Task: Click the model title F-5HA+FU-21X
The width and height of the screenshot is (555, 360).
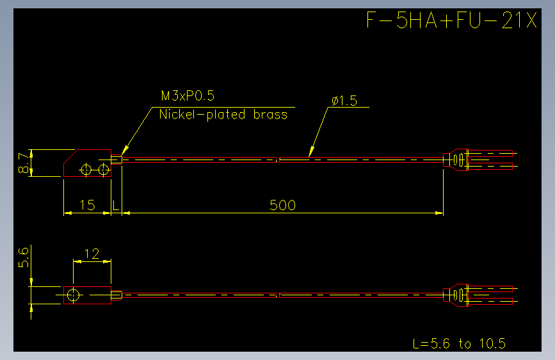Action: click(x=452, y=20)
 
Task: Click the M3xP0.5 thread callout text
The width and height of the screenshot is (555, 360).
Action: click(x=188, y=95)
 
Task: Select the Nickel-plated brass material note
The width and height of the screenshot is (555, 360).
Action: click(x=223, y=115)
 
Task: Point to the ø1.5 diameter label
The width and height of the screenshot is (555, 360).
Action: click(x=344, y=101)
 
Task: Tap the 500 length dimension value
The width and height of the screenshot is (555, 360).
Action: click(x=282, y=205)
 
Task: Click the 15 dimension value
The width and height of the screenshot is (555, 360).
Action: click(x=87, y=205)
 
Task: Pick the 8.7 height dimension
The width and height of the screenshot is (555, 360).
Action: click(x=23, y=163)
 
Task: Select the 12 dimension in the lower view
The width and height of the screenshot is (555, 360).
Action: click(x=92, y=254)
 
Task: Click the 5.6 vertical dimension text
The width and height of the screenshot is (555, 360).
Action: click(x=23, y=258)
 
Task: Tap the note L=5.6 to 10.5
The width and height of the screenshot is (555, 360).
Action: click(x=459, y=343)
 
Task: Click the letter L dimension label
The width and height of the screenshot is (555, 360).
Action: click(x=115, y=205)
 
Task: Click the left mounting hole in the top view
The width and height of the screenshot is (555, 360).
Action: click(x=86, y=170)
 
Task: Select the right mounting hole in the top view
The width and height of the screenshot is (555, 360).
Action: click(x=103, y=170)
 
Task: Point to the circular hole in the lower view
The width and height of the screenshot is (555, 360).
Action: click(x=73, y=295)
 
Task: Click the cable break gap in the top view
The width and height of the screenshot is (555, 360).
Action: click(x=278, y=160)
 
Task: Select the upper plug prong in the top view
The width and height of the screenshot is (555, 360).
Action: click(x=490, y=154)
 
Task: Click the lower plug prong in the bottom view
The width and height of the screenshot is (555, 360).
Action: click(x=490, y=302)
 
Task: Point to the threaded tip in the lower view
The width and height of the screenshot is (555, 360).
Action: click(x=117, y=295)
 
